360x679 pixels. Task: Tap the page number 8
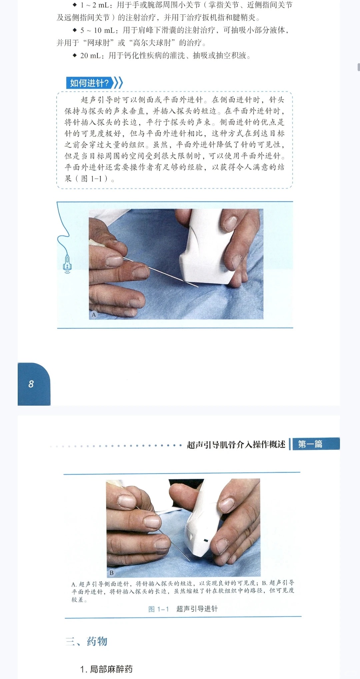click(31, 384)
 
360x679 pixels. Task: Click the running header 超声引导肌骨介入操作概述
click(236, 444)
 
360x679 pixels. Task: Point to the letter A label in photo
click(94, 314)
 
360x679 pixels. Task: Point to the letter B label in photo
click(112, 573)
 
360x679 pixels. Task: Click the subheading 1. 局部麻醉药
click(106, 669)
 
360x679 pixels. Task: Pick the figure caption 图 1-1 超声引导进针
click(183, 609)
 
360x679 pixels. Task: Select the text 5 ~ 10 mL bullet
click(98, 30)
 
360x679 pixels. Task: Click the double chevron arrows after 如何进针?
click(118, 83)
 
